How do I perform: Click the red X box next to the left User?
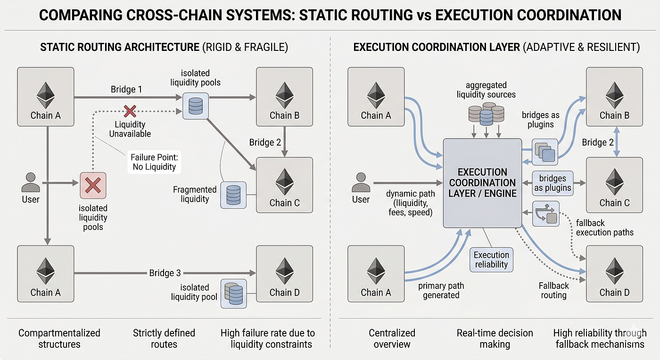(93, 186)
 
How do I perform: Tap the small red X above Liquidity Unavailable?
(130, 111)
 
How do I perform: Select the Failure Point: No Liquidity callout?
(155, 162)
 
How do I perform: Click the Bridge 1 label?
(126, 89)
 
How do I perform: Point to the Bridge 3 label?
(165, 273)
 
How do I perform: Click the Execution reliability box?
(491, 260)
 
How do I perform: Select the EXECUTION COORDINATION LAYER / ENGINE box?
(483, 183)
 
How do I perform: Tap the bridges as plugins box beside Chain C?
(553, 183)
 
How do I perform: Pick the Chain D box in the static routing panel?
(285, 274)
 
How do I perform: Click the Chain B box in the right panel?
(615, 97)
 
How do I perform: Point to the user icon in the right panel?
(361, 183)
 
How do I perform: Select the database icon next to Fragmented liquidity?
(233, 195)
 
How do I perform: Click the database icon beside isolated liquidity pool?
(234, 294)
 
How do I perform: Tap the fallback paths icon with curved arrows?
(546, 213)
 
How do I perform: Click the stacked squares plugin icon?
(545, 152)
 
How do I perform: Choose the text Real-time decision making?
(495, 338)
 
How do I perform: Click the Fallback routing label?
(554, 290)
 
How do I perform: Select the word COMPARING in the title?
(81, 15)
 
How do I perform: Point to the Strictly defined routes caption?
(164, 338)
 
